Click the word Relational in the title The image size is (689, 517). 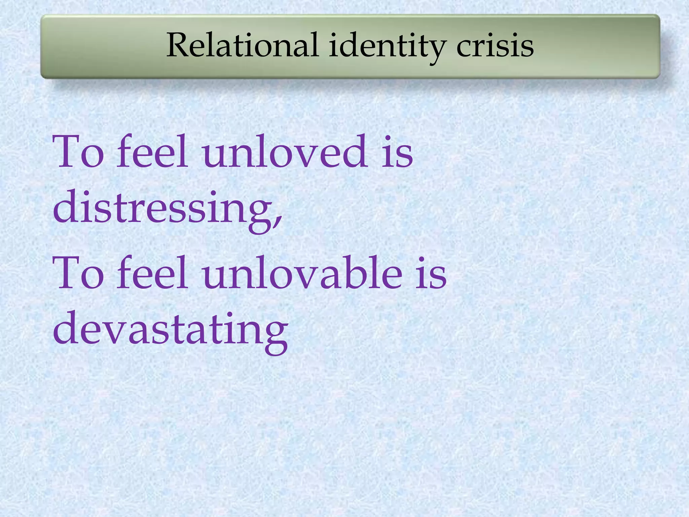point(242,45)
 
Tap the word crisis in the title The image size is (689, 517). point(495,45)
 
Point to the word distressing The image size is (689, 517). point(163,207)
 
